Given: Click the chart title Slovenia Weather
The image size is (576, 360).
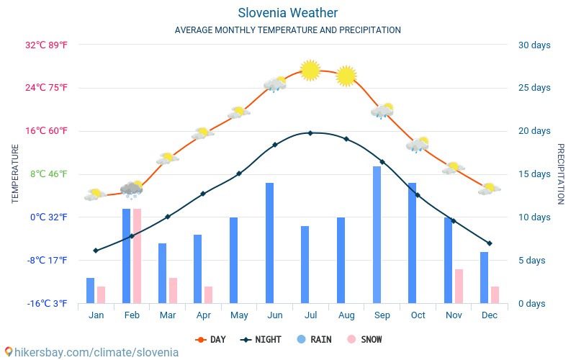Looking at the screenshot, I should pyautogui.click(x=287, y=13).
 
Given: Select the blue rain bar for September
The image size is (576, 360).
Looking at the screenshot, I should pyautogui.click(x=377, y=235).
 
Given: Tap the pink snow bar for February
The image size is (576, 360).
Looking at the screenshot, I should pyautogui.click(x=137, y=256).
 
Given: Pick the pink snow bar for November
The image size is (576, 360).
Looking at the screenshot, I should pyautogui.click(x=459, y=286).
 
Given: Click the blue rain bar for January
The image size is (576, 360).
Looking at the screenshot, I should pyautogui.click(x=91, y=290).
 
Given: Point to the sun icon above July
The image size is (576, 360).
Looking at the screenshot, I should pyautogui.click(x=310, y=70).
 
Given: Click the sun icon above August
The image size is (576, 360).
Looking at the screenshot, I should pyautogui.click(x=346, y=76).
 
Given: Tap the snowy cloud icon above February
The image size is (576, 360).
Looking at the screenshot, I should pyautogui.click(x=132, y=189).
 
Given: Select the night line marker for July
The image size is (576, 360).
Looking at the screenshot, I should pyautogui.click(x=310, y=133).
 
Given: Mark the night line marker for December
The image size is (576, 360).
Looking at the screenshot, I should pyautogui.click(x=490, y=243).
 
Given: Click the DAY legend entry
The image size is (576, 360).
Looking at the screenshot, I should pyautogui.click(x=211, y=339).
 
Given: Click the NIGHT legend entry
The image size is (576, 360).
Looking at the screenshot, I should pyautogui.click(x=261, y=339).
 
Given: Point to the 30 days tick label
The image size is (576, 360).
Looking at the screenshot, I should pyautogui.click(x=534, y=45).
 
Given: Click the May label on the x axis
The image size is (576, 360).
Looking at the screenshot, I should pyautogui.click(x=239, y=315).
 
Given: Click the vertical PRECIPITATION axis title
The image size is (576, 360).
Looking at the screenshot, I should pyautogui.click(x=561, y=174).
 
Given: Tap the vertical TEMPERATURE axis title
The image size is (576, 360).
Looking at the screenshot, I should pyautogui.click(x=15, y=174).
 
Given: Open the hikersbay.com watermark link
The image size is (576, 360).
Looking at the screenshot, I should pyautogui.click(x=91, y=352).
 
